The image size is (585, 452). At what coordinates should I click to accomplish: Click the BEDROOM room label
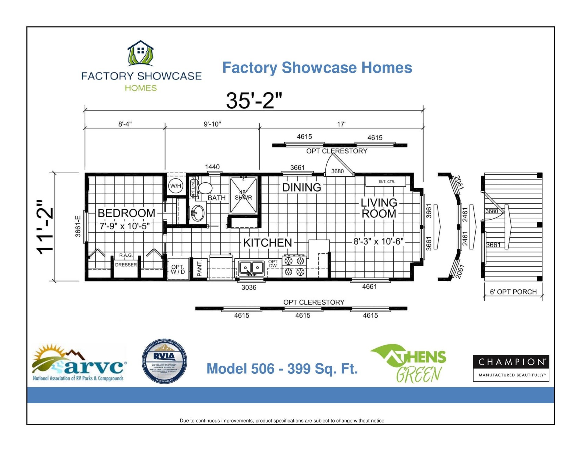tap(126, 213)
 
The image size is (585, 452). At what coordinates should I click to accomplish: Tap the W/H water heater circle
tap(175, 186)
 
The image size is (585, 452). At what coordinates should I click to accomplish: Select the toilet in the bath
tap(204, 188)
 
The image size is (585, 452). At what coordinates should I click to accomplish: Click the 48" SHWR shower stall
tap(243, 195)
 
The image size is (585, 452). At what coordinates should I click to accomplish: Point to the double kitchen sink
tap(251, 268)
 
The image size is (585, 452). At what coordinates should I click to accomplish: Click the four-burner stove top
tap(294, 266)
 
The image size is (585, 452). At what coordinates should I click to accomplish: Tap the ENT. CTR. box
tap(386, 182)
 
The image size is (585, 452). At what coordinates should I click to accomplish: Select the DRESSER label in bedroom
tap(126, 265)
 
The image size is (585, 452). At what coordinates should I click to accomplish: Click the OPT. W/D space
tap(178, 269)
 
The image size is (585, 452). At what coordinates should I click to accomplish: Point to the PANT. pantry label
tap(200, 268)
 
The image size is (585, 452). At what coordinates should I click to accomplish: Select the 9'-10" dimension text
tap(212, 124)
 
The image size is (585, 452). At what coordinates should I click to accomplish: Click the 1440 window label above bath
tap(212, 167)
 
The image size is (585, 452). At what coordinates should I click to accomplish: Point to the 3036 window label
tap(249, 288)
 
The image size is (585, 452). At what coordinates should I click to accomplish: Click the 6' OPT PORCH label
tap(513, 292)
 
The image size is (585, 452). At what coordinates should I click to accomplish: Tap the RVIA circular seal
tap(165, 361)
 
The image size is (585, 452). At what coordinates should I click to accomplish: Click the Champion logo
tap(511, 368)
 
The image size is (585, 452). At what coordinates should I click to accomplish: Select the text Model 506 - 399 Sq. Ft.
tap(282, 369)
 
